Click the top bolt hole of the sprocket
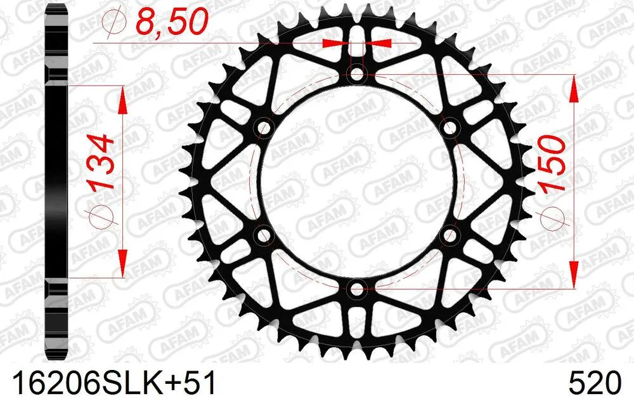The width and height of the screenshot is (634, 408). pos(357,75)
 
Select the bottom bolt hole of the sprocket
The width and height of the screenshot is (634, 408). pos(357,290)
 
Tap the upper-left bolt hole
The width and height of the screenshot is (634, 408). pos(263,129)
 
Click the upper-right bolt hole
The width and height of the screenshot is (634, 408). pos(451,129)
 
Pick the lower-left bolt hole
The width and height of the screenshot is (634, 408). pos(263,236)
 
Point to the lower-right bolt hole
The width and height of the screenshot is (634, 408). pos(451,236)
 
